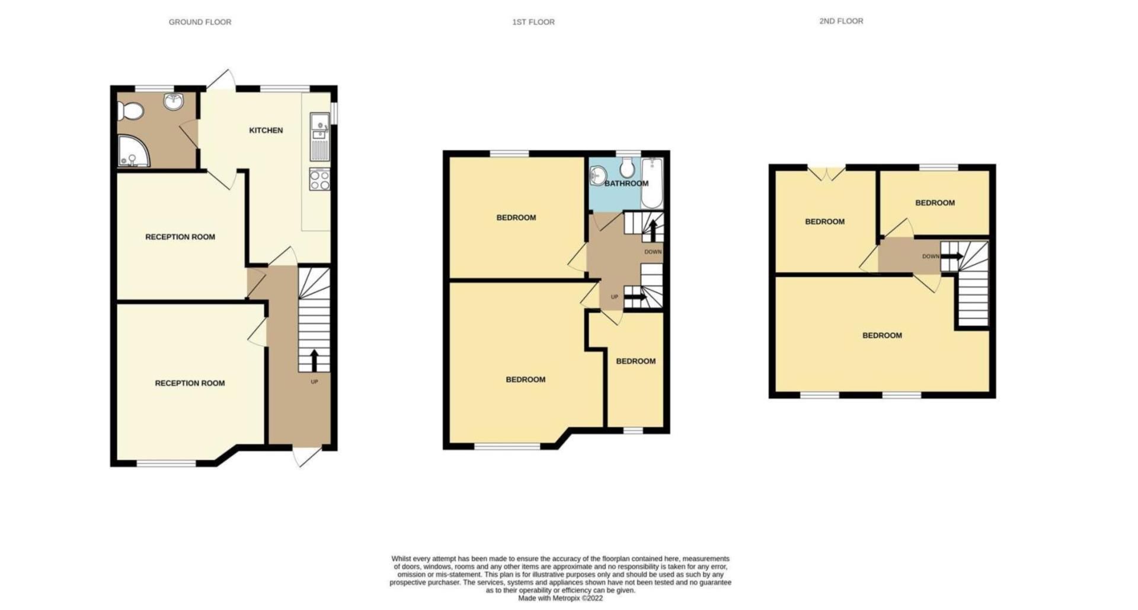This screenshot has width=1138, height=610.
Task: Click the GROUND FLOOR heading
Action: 200,22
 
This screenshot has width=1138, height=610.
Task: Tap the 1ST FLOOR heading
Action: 533,22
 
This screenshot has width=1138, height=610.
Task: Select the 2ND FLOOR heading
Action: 840,21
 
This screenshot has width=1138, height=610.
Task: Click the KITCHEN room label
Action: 266,131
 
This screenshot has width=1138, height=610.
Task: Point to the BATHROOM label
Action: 626,183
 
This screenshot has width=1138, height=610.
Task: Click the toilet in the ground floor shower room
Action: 130,111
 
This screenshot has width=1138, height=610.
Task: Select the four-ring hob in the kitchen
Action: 319,179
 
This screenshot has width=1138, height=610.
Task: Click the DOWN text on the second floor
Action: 930,256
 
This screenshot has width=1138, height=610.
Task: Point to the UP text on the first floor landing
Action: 614,297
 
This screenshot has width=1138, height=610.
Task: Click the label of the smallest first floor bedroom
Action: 635,361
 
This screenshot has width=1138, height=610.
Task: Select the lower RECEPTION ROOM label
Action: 190,383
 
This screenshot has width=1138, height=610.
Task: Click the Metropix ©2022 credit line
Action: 560,598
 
